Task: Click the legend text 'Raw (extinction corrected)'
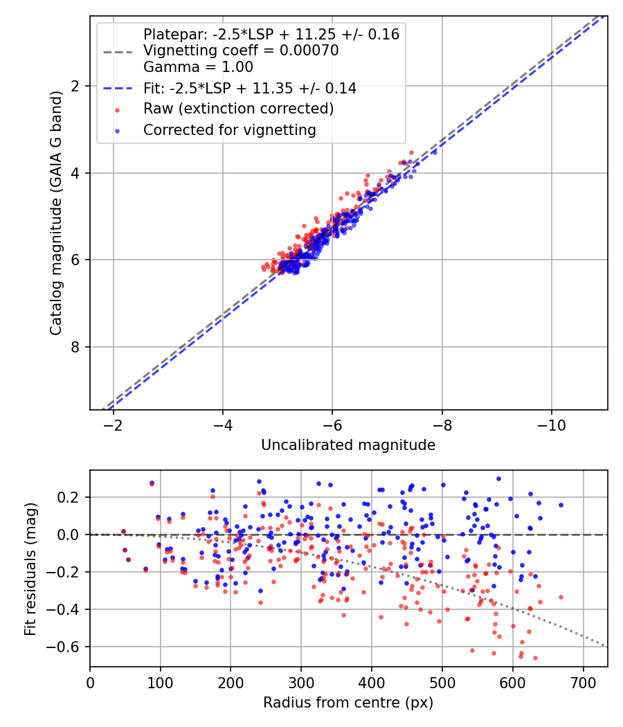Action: pos(238,109)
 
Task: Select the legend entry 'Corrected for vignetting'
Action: pos(229,129)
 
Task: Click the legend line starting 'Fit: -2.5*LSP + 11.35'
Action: pos(249,89)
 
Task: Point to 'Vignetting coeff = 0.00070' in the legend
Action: pos(240,51)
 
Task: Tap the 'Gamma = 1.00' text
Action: pos(198,67)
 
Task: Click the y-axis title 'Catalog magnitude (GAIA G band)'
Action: pos(56,213)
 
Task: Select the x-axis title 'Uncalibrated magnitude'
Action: pos(348,445)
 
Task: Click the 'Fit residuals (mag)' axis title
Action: pos(30,568)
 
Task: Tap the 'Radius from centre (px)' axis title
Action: pos(348,702)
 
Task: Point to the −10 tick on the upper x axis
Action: pos(551,422)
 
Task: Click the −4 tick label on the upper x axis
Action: pos(223,422)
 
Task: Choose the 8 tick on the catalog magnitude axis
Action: pos(75,347)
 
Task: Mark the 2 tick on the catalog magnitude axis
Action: pos(75,85)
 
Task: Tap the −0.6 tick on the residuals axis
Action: pos(68,647)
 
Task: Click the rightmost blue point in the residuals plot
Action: pos(561,505)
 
